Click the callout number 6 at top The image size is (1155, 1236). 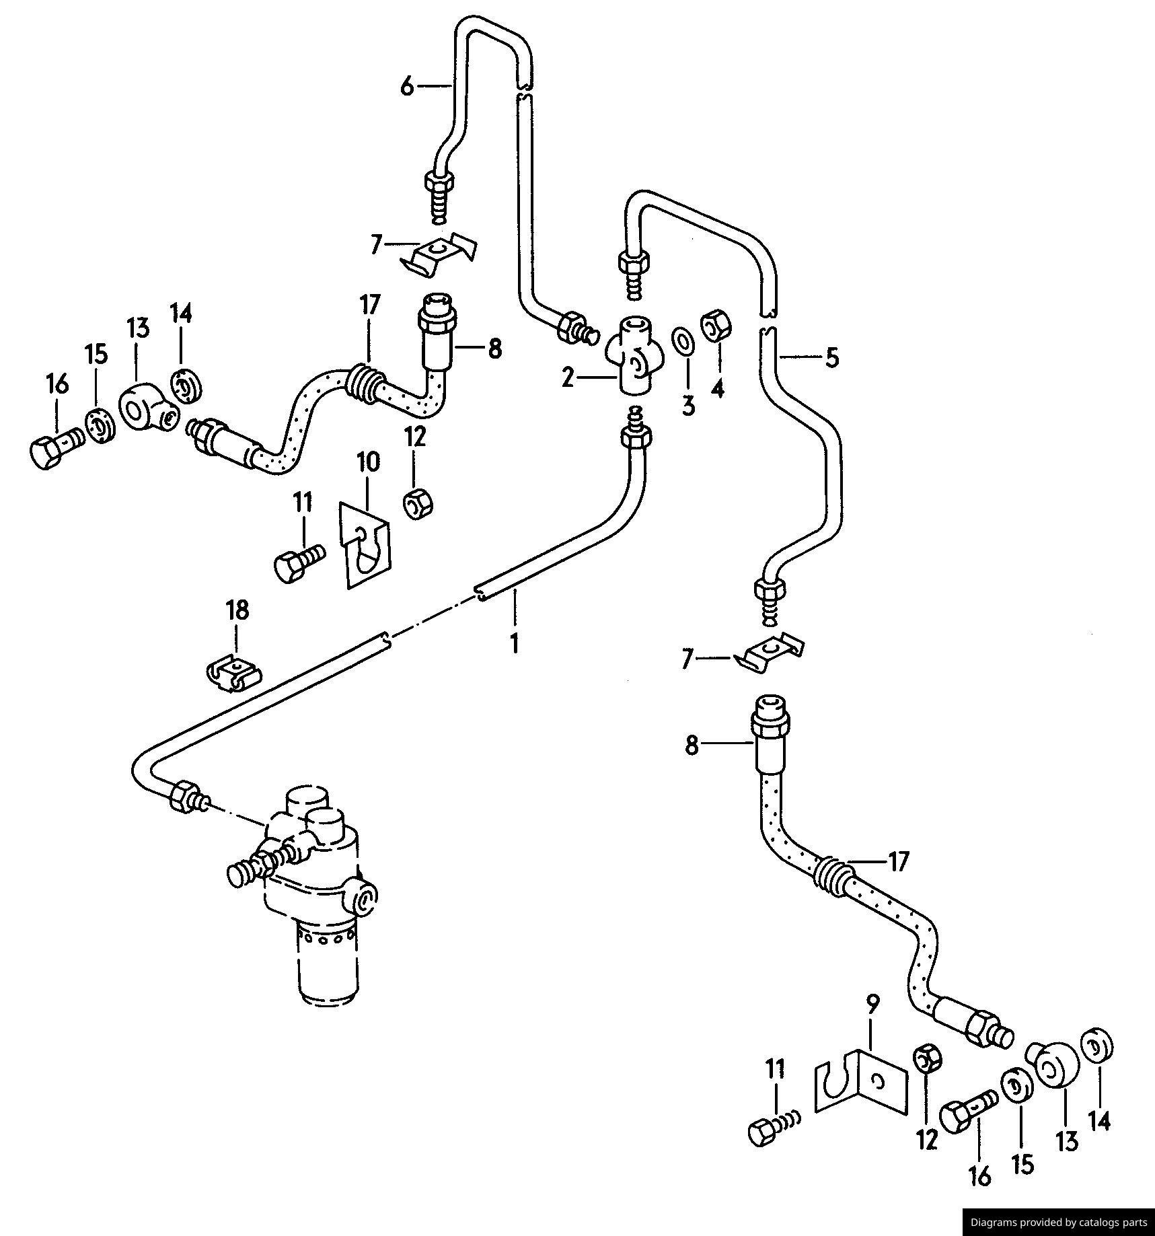click(406, 86)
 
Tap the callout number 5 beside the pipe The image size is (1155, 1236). click(832, 358)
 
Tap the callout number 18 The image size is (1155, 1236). click(237, 610)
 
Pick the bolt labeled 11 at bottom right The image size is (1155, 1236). click(770, 1130)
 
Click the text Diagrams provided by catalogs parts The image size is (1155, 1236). click(1057, 1222)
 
